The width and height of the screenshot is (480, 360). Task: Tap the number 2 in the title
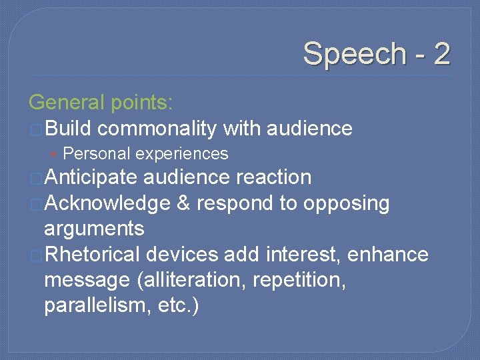coord(441,53)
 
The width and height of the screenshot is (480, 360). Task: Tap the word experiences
coord(181,154)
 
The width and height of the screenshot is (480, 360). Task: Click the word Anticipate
coord(91,177)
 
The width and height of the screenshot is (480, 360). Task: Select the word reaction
coord(273,177)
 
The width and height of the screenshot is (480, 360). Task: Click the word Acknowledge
coord(107,203)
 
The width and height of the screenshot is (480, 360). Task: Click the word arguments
coord(93,229)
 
